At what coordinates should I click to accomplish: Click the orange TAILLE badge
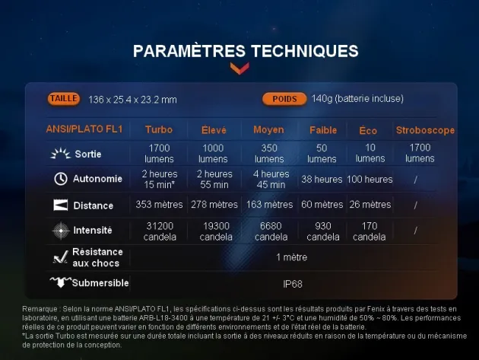coord(64,99)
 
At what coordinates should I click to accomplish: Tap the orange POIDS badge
coord(284,99)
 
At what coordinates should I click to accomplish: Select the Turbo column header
coord(159,129)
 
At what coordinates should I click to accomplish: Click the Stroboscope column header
coord(425,130)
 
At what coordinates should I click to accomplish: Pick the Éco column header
coord(368,130)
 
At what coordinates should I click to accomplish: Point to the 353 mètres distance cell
coord(159,204)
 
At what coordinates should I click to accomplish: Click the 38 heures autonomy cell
coord(322,179)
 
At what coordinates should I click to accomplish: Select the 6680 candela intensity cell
coord(271,231)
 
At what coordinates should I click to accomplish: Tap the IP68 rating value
coord(293,284)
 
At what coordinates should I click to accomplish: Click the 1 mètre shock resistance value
coord(292,257)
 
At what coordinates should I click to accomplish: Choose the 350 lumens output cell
coord(269,153)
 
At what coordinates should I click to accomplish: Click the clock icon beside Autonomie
coord(61,179)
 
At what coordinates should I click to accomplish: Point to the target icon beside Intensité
coord(61,231)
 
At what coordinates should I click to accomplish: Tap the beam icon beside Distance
coord(61,205)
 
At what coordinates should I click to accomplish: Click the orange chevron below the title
coord(239,68)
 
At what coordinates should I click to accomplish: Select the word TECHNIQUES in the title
coord(305,51)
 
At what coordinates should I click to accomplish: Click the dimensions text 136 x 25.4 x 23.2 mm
coord(132,100)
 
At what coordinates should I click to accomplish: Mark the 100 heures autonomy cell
coord(370,179)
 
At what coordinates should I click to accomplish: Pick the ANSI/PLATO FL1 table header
coord(84,129)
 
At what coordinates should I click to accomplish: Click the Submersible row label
coord(100,283)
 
